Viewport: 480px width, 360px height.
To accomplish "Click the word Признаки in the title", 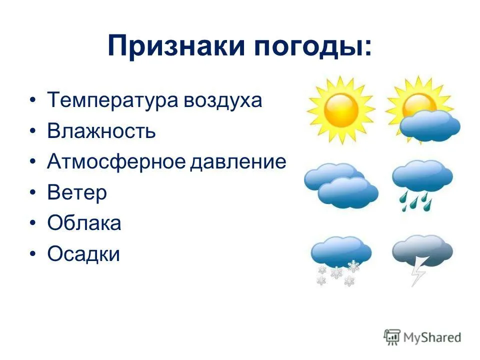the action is pyautogui.click(x=176, y=46).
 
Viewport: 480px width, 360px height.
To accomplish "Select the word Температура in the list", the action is pyautogui.click(x=112, y=100).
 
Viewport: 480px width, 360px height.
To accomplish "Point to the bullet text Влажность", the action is pyautogui.click(x=101, y=130).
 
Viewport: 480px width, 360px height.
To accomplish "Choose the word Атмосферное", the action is pyautogui.click(x=116, y=161).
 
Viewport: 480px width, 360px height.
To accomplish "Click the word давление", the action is pyautogui.click(x=238, y=161).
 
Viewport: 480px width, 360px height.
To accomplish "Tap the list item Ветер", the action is pyautogui.click(x=77, y=192).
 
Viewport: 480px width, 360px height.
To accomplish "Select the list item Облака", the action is pyautogui.click(x=84, y=222).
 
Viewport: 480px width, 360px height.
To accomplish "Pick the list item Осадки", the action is pyautogui.click(x=83, y=253).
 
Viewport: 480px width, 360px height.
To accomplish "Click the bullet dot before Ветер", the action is pyautogui.click(x=33, y=192).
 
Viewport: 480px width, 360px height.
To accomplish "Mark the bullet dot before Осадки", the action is pyautogui.click(x=33, y=254).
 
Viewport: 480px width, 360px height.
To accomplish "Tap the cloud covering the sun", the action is pyautogui.click(x=430, y=126).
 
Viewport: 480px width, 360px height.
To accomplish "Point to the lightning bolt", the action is pyautogui.click(x=417, y=270).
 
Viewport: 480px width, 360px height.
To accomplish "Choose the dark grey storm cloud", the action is pyautogui.click(x=422, y=250).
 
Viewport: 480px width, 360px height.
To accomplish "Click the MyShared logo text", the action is pyautogui.click(x=432, y=337).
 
